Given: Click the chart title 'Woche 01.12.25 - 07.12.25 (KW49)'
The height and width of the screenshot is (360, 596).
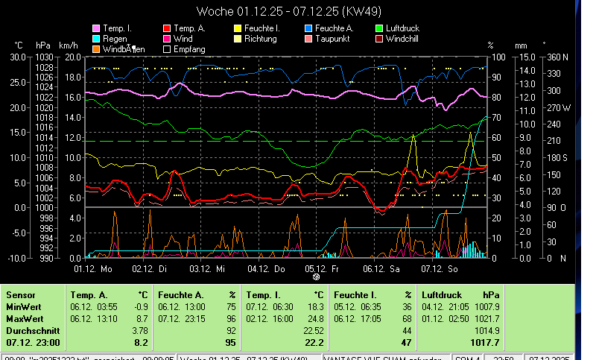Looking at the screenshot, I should click(x=297, y=11).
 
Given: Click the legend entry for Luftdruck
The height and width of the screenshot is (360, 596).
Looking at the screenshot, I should click(x=402, y=28).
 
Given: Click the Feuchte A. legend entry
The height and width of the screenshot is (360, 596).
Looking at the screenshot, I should click(x=331, y=28).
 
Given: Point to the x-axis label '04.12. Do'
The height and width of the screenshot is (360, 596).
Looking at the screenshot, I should click(x=266, y=267).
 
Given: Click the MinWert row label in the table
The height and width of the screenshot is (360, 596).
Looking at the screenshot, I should click(x=23, y=306).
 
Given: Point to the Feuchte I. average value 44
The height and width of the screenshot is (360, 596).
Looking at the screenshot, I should click(x=406, y=330).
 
